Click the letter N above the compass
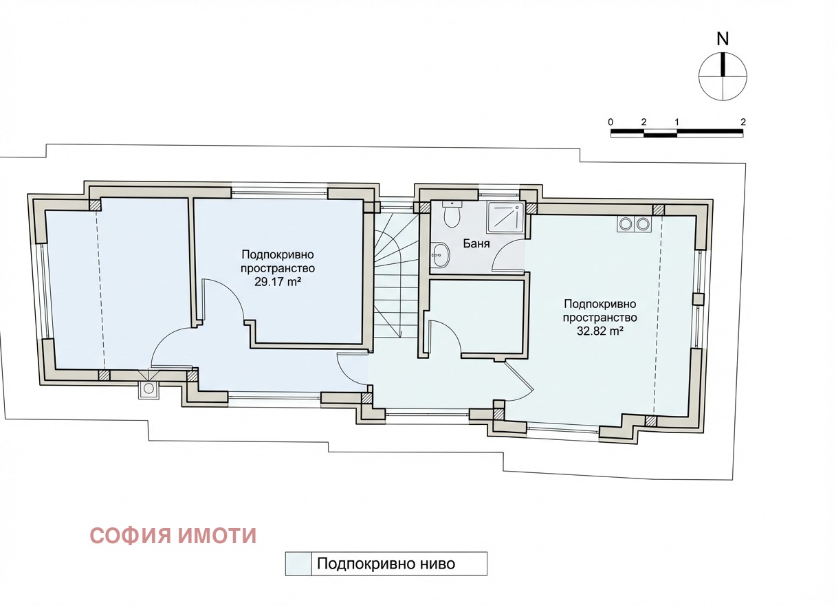click(x=723, y=39)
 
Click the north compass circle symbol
click(x=723, y=75)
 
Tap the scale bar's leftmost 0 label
click(x=610, y=122)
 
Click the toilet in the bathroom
click(x=452, y=215)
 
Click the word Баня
click(x=476, y=243)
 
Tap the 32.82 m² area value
click(x=599, y=331)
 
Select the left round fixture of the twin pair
click(x=626, y=223)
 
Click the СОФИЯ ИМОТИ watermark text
click(x=173, y=536)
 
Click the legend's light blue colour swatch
click(x=298, y=564)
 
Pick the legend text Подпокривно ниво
click(x=386, y=564)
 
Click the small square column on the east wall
click(x=698, y=299)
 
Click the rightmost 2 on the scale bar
click(x=742, y=122)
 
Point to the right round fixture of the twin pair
click(x=643, y=223)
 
